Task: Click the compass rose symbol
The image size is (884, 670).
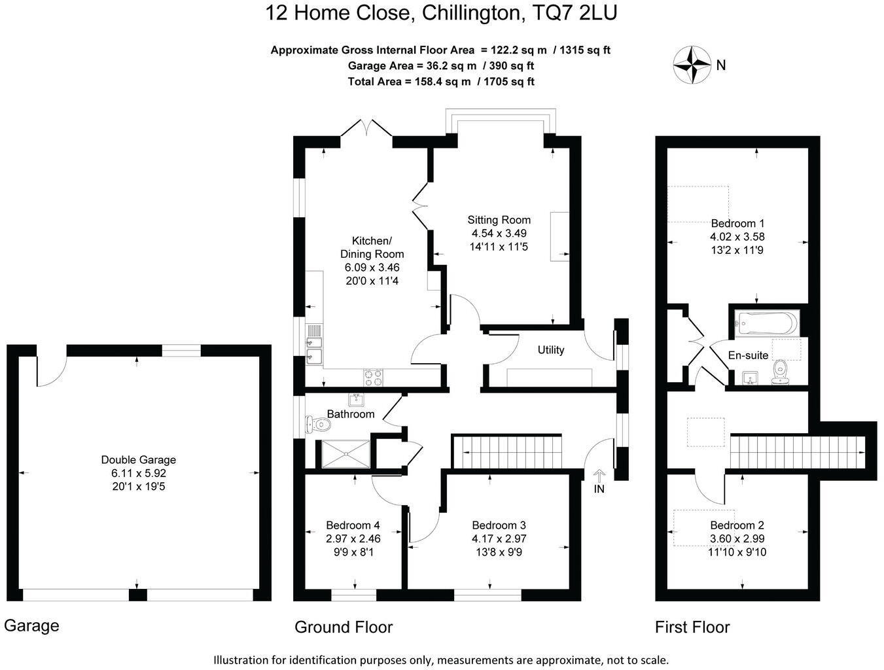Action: [692, 65]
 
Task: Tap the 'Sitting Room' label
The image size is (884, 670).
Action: [499, 220]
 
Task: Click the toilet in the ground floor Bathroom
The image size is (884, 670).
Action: [319, 425]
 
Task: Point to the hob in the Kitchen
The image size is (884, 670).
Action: [373, 377]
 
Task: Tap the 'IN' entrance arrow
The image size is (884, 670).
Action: [599, 481]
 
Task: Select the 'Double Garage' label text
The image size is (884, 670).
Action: [138, 460]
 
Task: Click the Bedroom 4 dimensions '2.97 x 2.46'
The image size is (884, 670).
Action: [353, 538]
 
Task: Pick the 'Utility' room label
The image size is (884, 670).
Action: [550, 350]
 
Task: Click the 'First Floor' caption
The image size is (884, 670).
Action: [692, 627]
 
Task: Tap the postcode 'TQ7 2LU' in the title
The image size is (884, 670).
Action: [575, 13]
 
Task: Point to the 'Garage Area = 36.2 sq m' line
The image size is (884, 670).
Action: [440, 65]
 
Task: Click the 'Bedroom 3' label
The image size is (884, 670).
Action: [499, 525]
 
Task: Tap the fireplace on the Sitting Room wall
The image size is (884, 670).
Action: [559, 236]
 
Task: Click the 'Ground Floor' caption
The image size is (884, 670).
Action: [343, 627]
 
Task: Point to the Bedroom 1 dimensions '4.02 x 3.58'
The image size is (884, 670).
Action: [737, 237]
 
